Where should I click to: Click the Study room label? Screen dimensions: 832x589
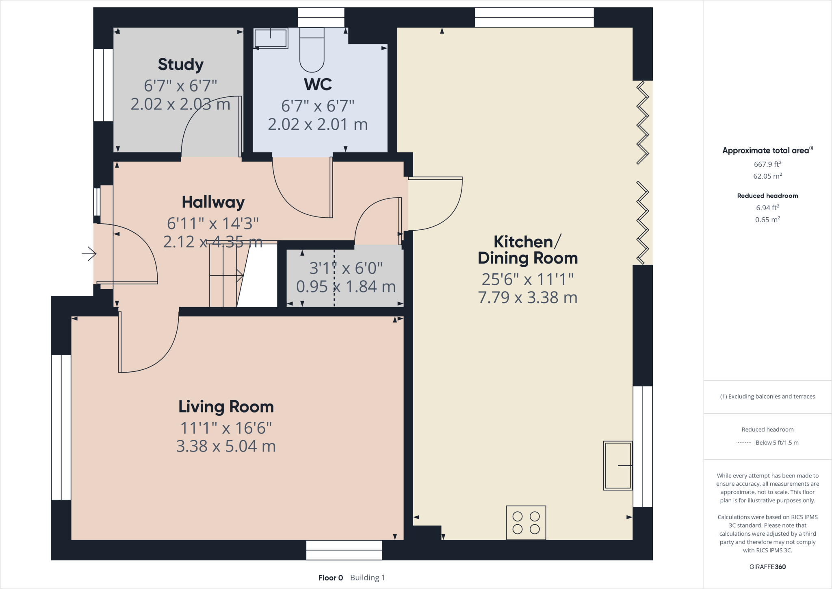[181, 64]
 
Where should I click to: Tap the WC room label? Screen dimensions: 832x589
[318, 84]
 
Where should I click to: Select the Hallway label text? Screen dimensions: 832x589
[213, 202]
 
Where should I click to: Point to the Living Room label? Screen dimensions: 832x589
[226, 407]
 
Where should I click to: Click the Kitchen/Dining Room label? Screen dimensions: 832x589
[528, 250]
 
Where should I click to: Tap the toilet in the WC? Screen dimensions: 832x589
[312, 50]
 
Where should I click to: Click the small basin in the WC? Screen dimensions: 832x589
[271, 38]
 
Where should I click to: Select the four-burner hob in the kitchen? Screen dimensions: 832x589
[526, 523]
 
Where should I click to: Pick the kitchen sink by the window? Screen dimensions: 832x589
[618, 465]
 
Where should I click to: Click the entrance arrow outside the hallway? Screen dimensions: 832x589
[89, 254]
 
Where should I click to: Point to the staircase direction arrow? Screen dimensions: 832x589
[226, 276]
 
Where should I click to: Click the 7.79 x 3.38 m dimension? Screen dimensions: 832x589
[528, 298]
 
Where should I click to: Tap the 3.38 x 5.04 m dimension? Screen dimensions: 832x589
[226, 446]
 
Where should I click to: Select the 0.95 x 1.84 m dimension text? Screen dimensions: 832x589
[346, 287]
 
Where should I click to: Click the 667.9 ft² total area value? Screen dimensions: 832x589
[767, 164]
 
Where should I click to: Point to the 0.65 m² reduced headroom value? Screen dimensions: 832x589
[767, 220]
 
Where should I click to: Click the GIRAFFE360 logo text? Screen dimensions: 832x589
[767, 567]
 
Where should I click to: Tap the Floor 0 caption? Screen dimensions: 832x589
[331, 578]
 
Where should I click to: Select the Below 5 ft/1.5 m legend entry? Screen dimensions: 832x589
[777, 443]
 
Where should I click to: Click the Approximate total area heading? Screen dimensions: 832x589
[767, 150]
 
